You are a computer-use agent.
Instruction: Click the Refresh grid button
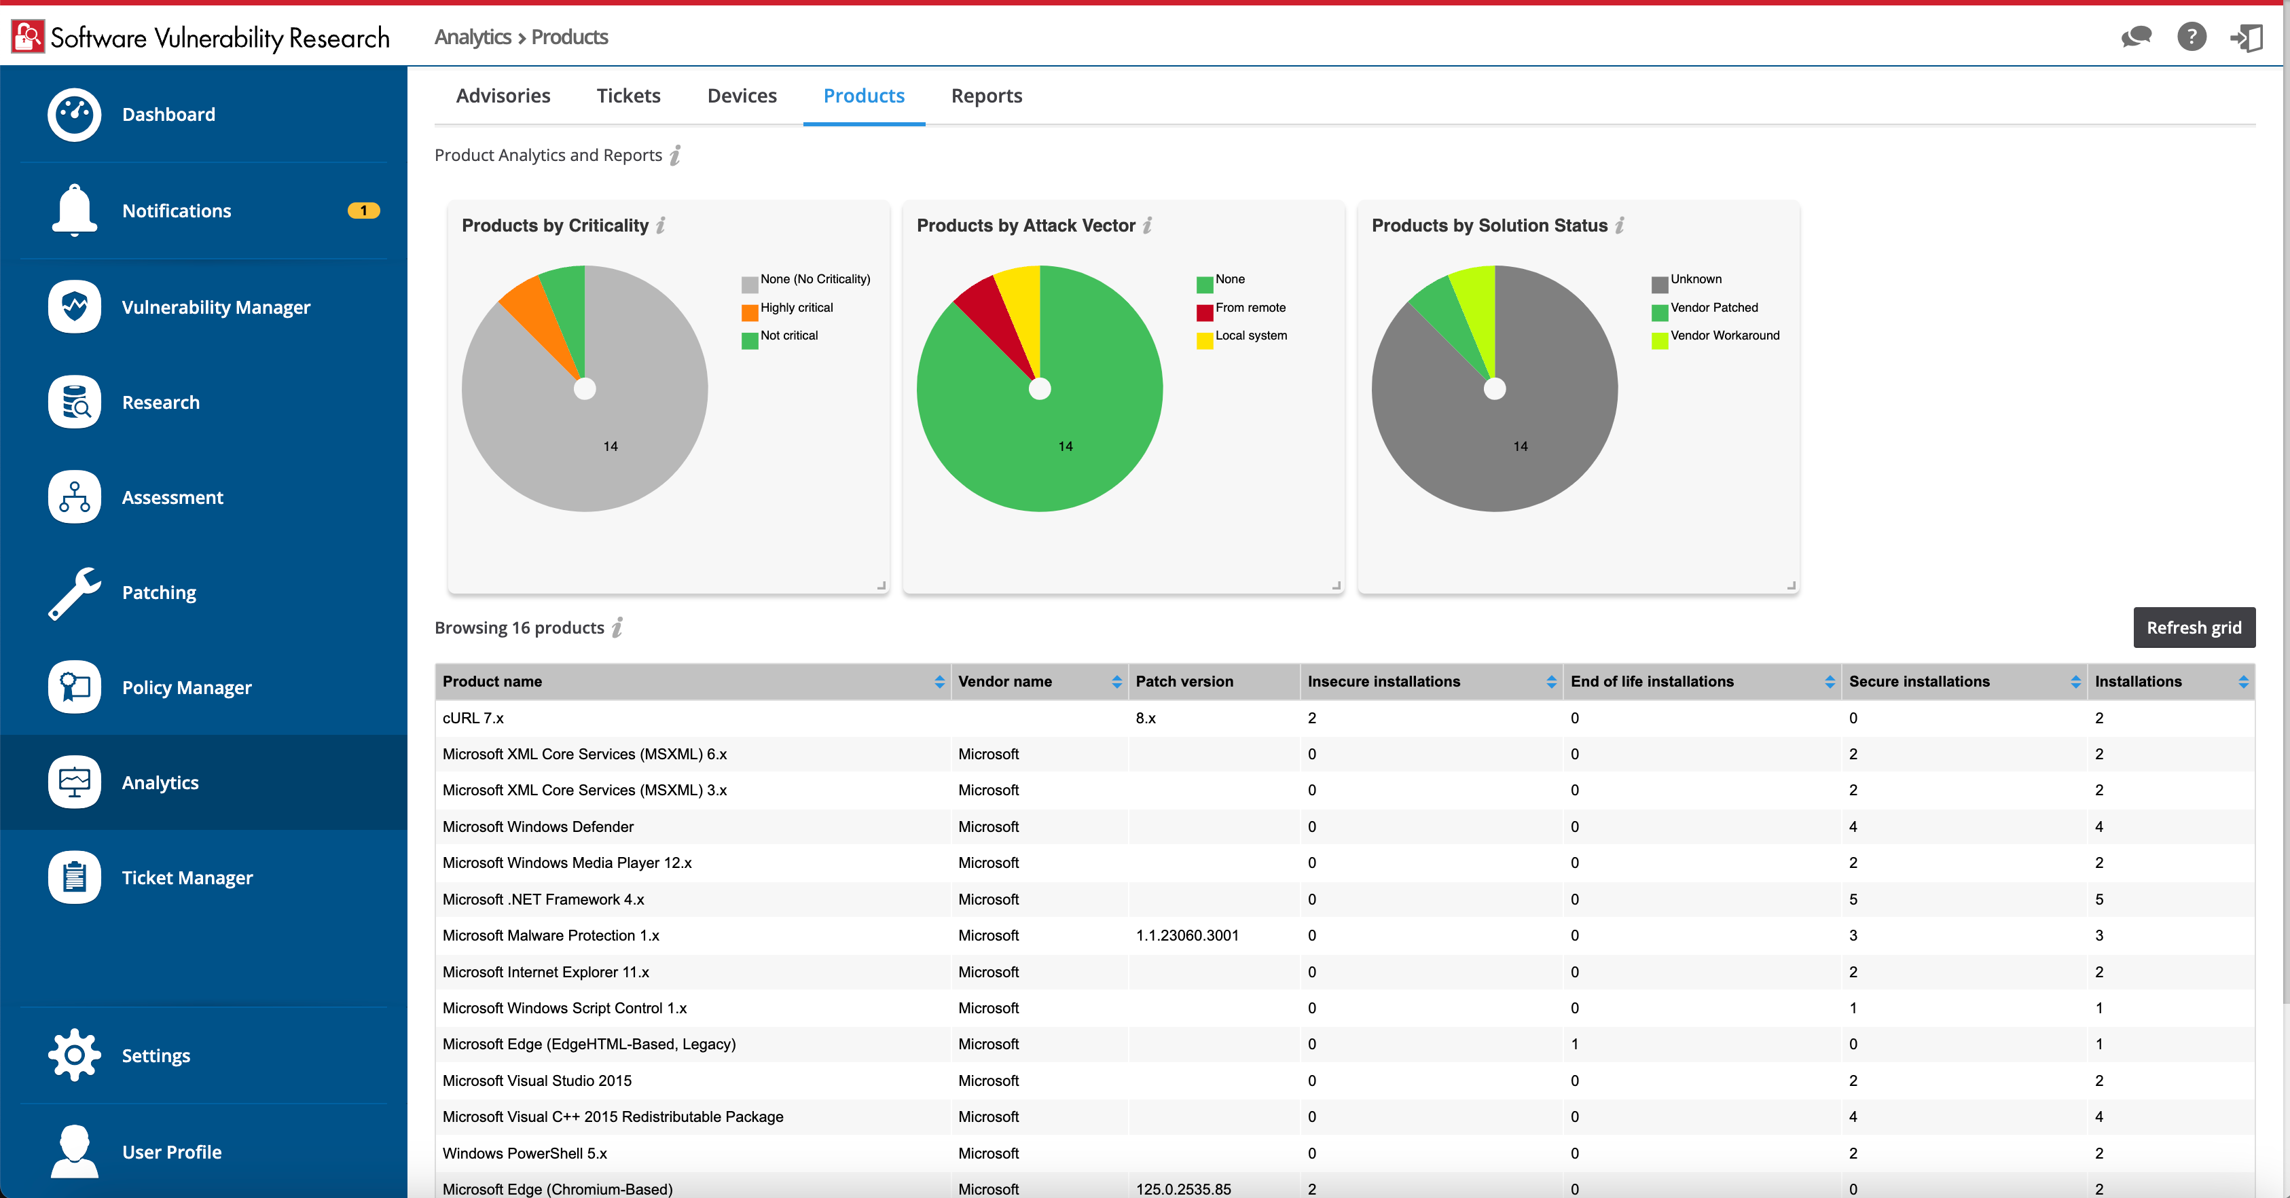[2193, 628]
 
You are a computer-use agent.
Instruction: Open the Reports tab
[986, 96]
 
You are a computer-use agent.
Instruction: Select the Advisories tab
[503, 96]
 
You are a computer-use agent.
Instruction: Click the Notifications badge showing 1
[363, 211]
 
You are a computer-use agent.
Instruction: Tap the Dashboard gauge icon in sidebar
[75, 114]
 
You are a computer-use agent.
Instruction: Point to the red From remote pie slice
[992, 316]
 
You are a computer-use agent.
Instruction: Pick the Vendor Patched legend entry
[1713, 308]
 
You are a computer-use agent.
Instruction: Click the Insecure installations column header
[1383, 682]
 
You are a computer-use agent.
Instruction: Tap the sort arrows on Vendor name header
[1116, 682]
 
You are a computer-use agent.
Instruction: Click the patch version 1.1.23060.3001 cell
[1187, 936]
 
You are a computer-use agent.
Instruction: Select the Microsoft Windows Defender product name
[538, 827]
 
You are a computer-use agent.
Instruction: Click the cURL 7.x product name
[473, 718]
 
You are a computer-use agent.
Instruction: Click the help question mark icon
[2192, 37]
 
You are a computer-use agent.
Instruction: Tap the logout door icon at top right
[2247, 37]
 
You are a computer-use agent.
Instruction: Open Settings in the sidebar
[156, 1056]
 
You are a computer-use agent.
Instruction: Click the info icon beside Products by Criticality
[661, 225]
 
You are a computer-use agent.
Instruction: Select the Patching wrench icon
[75, 593]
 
